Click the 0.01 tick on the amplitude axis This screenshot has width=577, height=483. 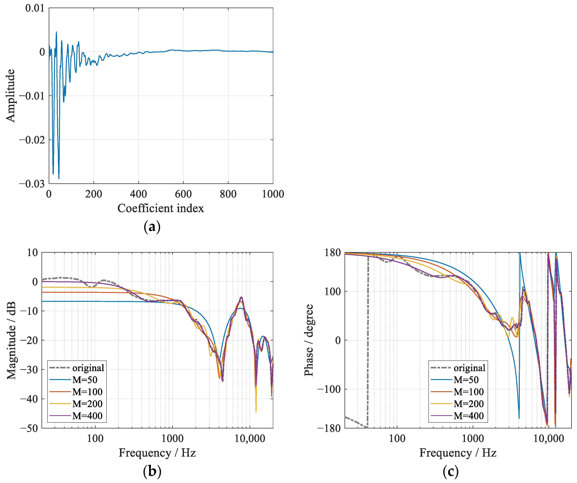[x=35, y=8]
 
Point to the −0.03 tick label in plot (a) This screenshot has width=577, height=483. [x=32, y=184]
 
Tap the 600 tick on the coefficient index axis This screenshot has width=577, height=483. [x=183, y=194]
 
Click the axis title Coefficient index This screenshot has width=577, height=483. [x=161, y=208]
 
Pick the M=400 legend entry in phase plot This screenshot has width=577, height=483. [x=469, y=416]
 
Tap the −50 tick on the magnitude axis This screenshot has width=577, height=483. [x=29, y=428]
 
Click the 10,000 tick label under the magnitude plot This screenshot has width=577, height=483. [x=250, y=439]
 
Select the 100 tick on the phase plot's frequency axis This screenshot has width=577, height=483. [x=397, y=439]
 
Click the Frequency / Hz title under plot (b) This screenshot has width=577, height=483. [x=157, y=453]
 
